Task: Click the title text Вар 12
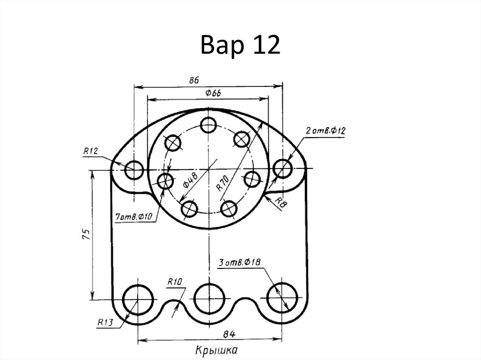pos(240,45)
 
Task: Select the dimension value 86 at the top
pos(194,80)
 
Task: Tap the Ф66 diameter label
pos(213,93)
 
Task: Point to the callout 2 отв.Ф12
pos(326,131)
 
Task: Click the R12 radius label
pos(91,151)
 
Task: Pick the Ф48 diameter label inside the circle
pos(191,180)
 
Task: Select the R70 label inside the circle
pos(223,183)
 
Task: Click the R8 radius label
pos(280,202)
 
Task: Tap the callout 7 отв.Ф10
pos(133,217)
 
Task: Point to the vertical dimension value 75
pos(86,234)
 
